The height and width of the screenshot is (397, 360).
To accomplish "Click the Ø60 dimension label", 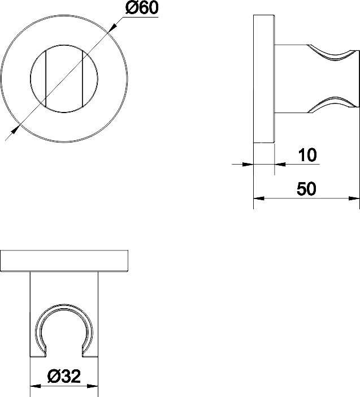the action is point(142,7).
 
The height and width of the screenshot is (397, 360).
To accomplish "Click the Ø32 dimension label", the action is point(64,376).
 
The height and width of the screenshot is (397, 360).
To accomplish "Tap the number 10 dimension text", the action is point(307,155).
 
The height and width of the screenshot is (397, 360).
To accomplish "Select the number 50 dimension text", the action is point(307,189).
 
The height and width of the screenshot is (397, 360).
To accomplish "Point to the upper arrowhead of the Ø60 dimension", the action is point(112,27).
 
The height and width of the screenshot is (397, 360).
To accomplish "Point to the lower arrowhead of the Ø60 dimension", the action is point(15,129).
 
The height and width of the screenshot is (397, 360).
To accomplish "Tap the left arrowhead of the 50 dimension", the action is point(258,198).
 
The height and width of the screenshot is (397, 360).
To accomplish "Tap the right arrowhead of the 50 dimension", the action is point(354,198).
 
